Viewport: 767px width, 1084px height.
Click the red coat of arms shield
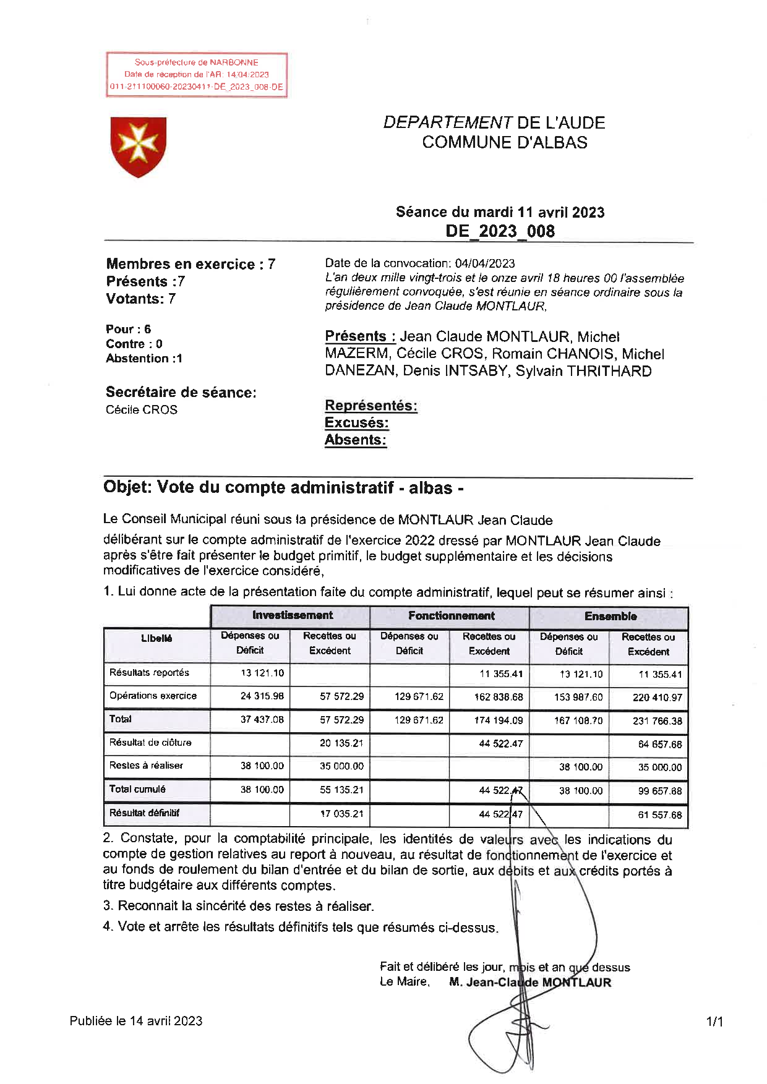click(x=138, y=147)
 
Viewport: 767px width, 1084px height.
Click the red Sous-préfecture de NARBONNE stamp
click(x=197, y=75)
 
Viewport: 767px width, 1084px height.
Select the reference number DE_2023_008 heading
click(x=500, y=231)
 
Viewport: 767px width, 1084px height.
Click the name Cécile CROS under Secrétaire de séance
click(x=142, y=410)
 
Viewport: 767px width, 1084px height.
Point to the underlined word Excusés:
click(x=356, y=423)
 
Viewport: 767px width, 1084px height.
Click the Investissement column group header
click(x=292, y=615)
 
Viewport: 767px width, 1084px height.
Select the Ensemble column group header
click(x=610, y=616)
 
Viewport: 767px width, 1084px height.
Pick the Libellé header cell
click(x=156, y=638)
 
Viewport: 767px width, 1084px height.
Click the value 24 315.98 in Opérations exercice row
click(x=262, y=696)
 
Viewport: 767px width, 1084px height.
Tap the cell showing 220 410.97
click(x=657, y=698)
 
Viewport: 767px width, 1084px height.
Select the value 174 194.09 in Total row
click(x=499, y=720)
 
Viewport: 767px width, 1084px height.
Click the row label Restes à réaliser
click(x=147, y=766)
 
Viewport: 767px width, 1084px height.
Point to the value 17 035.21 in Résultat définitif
click(x=341, y=814)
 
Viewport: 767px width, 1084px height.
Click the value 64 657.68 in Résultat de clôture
click(x=659, y=745)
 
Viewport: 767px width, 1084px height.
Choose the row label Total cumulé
click(x=137, y=789)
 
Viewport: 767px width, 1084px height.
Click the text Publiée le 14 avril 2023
click(x=136, y=1021)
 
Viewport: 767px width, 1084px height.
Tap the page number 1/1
click(x=714, y=1022)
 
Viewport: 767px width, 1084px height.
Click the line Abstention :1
click(x=144, y=359)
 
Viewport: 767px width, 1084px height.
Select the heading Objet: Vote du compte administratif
click(x=283, y=488)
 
